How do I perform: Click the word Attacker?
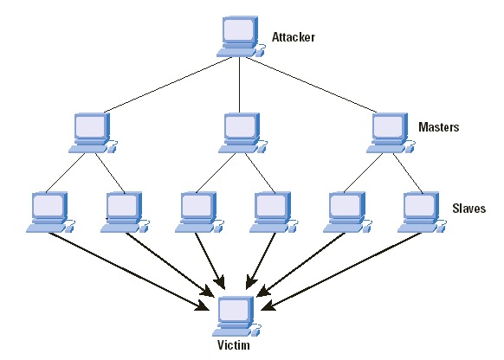(x=294, y=37)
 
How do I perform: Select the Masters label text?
(x=438, y=127)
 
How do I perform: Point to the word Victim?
(x=233, y=344)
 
